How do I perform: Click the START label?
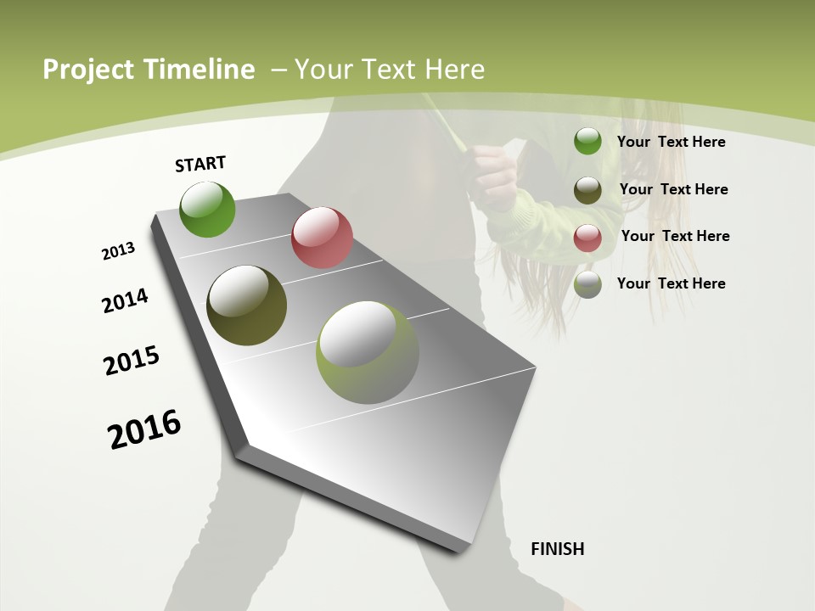click(200, 164)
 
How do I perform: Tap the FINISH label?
click(558, 549)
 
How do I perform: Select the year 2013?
click(119, 251)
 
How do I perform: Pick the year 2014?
click(126, 301)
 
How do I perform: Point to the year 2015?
click(132, 361)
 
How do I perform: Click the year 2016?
click(144, 429)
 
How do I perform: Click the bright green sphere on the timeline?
click(208, 209)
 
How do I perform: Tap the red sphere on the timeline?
click(322, 238)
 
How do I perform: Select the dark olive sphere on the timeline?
click(247, 305)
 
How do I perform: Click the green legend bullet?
click(587, 142)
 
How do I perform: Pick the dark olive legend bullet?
click(587, 189)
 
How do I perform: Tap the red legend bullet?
click(587, 237)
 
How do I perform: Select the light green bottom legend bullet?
click(587, 284)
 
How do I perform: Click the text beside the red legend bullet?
click(675, 236)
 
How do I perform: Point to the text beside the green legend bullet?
click(671, 142)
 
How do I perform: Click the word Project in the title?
click(88, 70)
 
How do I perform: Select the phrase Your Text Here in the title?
click(390, 70)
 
